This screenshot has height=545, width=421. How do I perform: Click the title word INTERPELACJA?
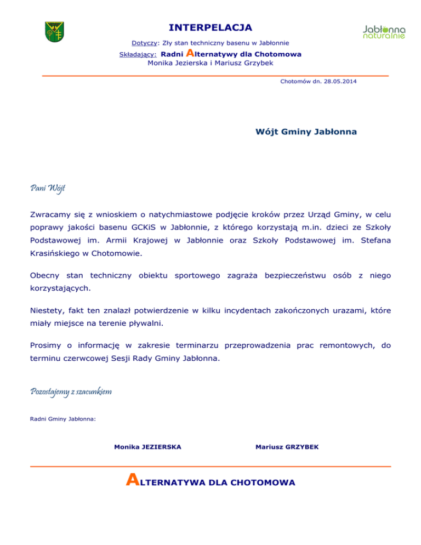[210, 27]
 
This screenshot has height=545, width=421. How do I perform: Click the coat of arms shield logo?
[55, 31]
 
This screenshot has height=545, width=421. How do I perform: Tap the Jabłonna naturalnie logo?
[384, 32]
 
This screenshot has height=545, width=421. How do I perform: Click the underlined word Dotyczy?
[145, 43]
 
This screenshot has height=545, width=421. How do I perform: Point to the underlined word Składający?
[138, 54]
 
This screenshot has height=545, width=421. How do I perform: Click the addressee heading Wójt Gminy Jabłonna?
[306, 132]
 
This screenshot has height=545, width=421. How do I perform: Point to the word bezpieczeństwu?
[297, 273]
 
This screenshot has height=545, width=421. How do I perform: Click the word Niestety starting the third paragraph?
[48, 310]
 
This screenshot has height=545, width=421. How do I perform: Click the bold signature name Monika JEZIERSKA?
[147, 447]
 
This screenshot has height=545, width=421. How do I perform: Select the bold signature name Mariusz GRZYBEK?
[287, 447]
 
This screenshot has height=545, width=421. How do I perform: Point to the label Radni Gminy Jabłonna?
[62, 419]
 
